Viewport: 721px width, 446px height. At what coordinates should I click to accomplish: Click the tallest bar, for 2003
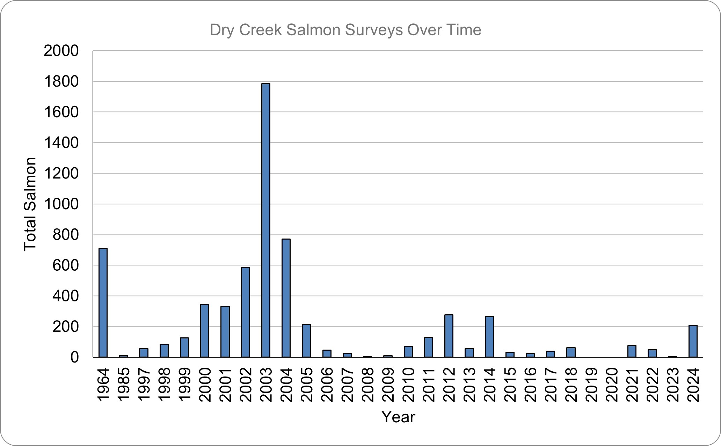(266, 220)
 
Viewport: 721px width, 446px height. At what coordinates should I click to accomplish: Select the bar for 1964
(103, 302)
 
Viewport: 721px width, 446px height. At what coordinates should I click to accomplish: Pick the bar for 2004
(286, 298)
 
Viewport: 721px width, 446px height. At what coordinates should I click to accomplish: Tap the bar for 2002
(246, 312)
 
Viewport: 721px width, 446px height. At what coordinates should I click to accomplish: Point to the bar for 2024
(693, 341)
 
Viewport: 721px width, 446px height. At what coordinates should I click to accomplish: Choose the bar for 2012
(449, 336)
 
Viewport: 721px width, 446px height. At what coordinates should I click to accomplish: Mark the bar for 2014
(489, 337)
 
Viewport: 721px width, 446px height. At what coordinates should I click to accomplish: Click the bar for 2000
(205, 330)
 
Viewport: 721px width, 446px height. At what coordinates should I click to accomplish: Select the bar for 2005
(306, 341)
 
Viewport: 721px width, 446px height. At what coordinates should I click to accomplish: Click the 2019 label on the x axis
(592, 385)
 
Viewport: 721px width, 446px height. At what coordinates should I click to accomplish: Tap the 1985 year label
(124, 385)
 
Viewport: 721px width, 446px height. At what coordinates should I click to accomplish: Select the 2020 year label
(612, 385)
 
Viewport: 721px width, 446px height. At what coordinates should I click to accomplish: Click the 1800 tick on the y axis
(61, 82)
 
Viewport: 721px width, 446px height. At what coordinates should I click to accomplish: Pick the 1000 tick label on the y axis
(61, 204)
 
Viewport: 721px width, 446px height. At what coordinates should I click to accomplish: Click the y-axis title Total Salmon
(30, 204)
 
